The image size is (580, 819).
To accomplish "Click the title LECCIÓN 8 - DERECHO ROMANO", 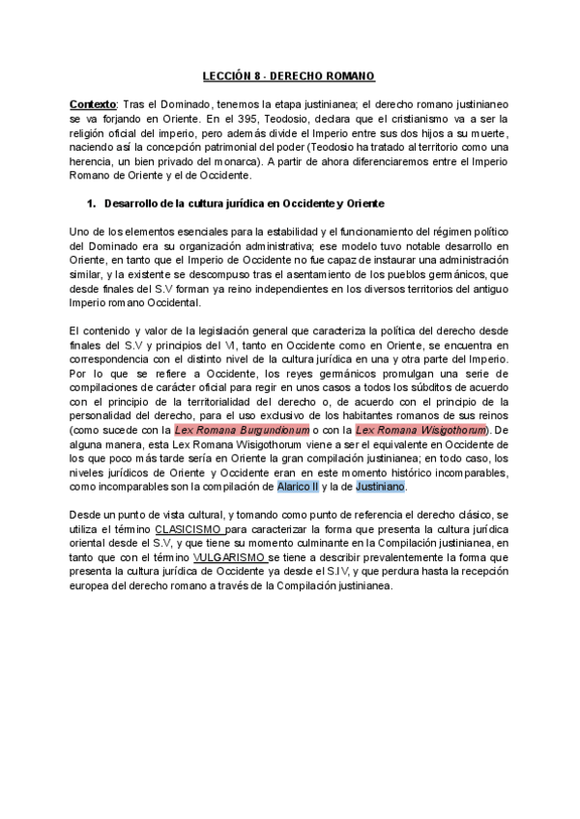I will [288, 74].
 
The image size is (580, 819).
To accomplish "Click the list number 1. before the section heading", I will [93, 204].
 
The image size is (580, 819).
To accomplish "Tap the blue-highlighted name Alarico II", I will [298, 488].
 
